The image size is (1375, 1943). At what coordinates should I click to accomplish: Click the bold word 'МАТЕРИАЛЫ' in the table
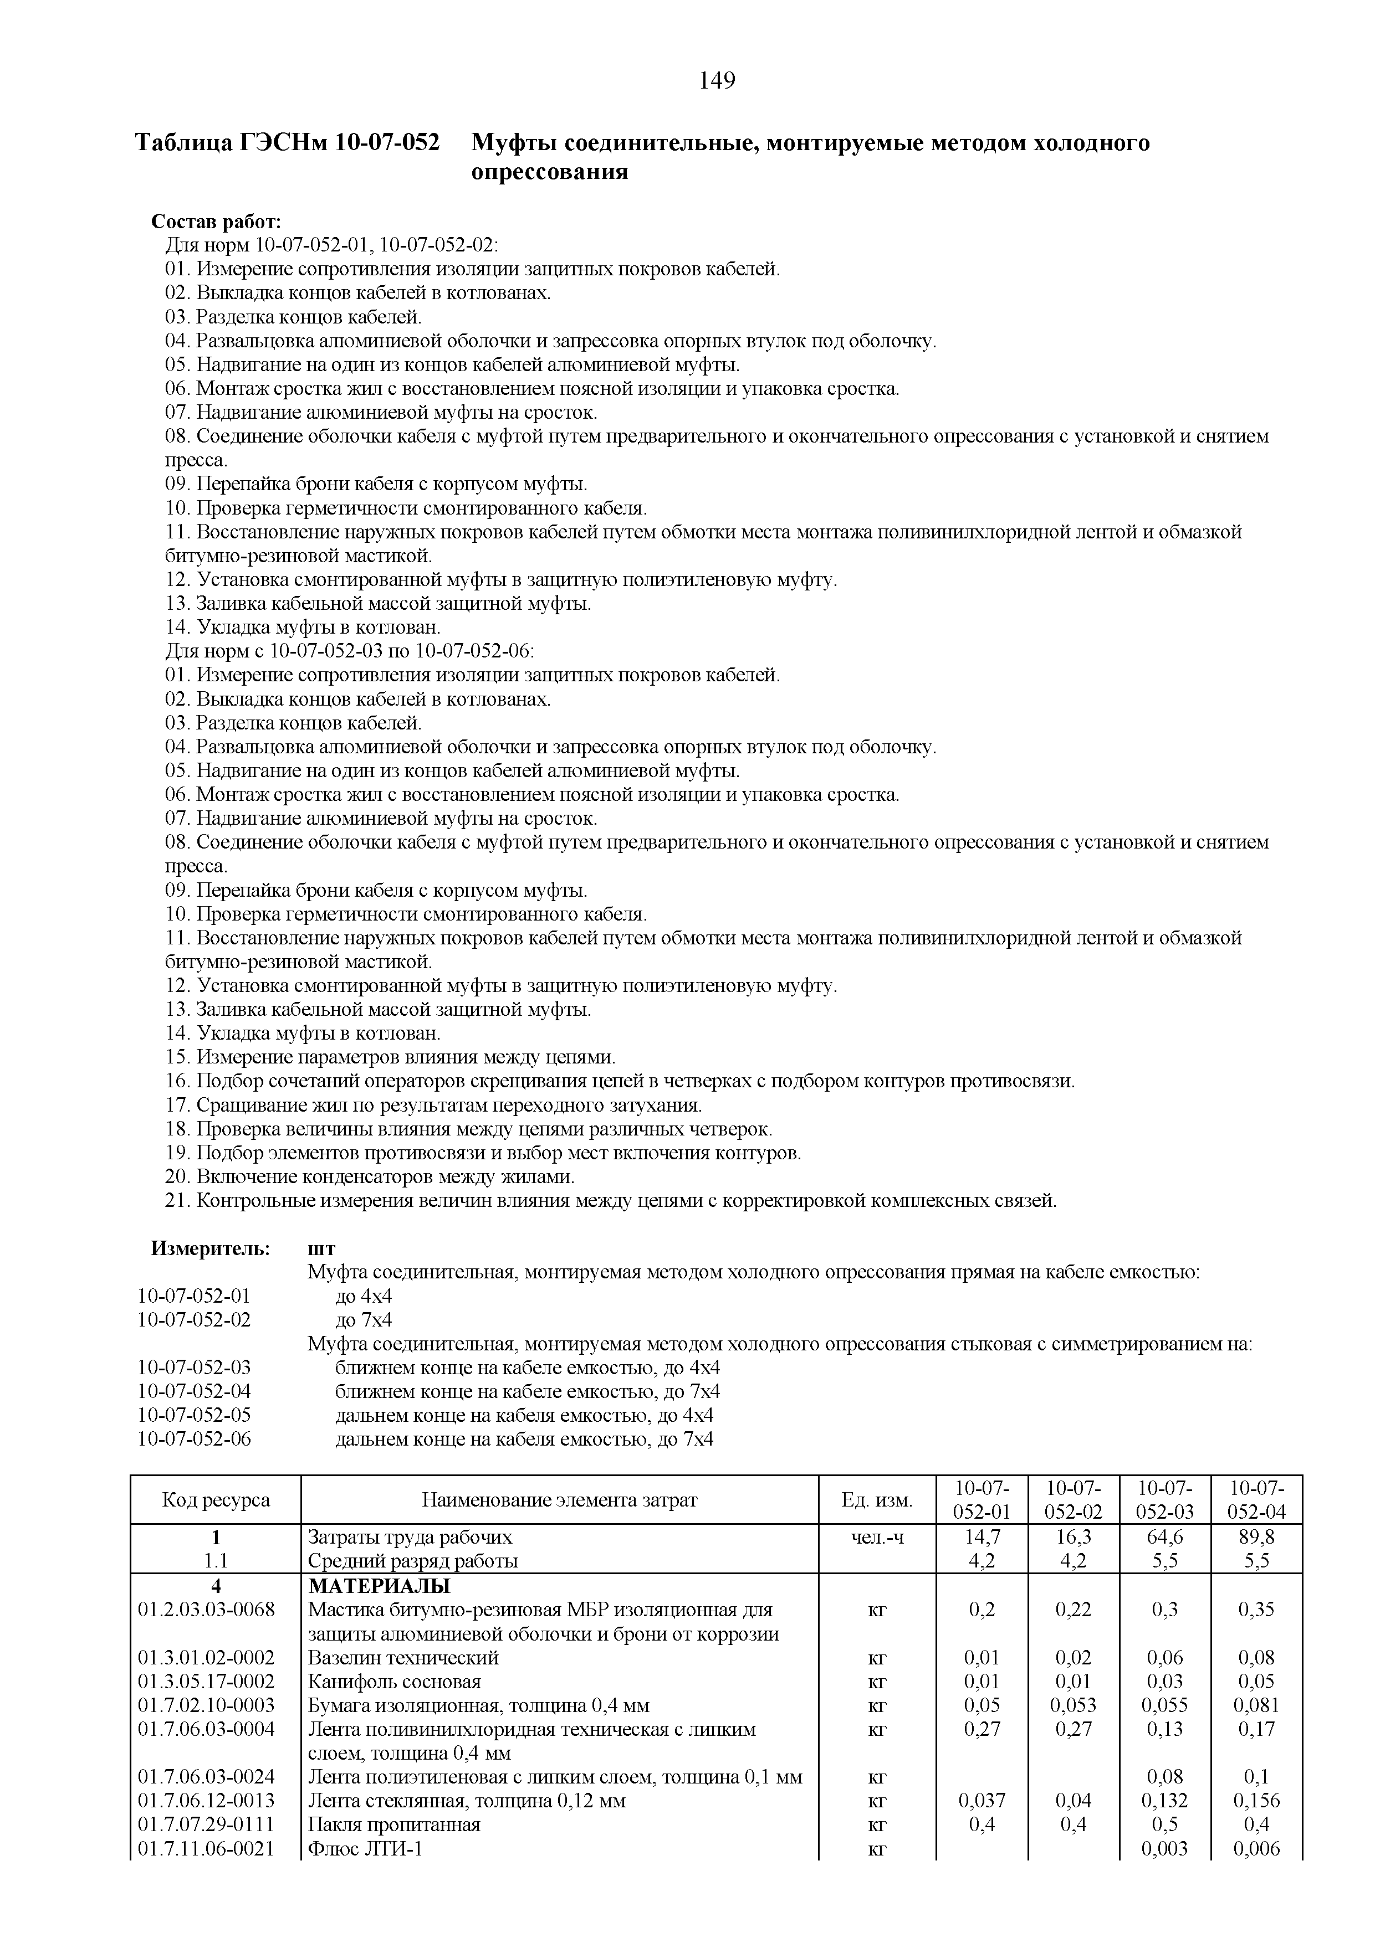coord(379,1586)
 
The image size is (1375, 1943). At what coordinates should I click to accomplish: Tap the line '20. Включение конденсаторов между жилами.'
coord(370,1177)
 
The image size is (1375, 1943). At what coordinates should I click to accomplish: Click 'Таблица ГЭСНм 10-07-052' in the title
coord(288,143)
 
